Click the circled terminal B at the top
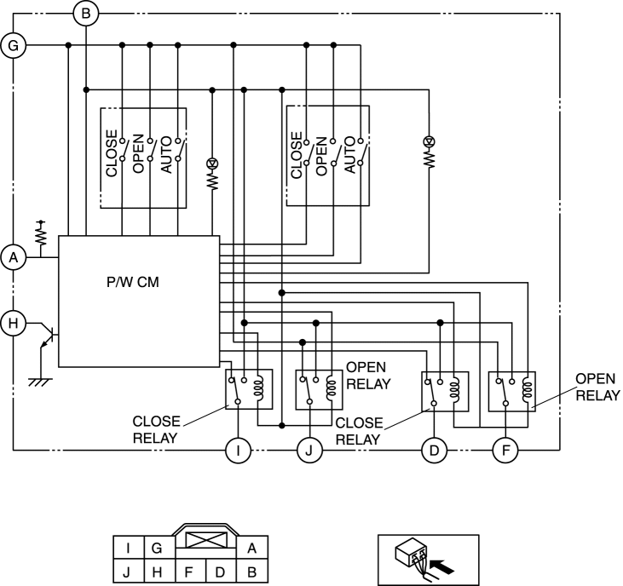[x=86, y=14]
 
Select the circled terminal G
[x=14, y=46]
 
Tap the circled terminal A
[x=14, y=258]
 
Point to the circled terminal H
[x=14, y=323]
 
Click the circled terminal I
[x=238, y=451]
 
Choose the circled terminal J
[x=309, y=451]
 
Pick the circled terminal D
[x=434, y=451]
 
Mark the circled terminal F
[x=505, y=451]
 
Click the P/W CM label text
[x=133, y=282]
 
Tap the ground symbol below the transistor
[x=40, y=382]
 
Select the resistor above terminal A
[x=41, y=234]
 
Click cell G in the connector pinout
[x=157, y=548]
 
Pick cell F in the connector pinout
[x=188, y=572]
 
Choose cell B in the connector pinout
[x=252, y=572]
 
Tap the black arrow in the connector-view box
[x=441, y=567]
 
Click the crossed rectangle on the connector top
[x=205, y=540]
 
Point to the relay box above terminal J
[x=319, y=390]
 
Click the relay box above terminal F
[x=511, y=392]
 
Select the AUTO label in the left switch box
[x=166, y=155]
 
